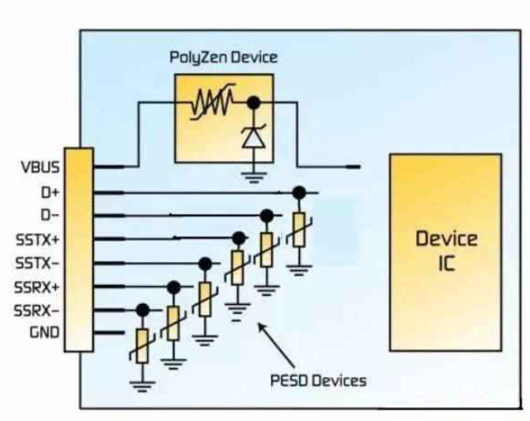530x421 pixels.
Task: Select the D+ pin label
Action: point(49,192)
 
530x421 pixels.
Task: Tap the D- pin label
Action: point(49,216)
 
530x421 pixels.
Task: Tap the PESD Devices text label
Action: point(318,380)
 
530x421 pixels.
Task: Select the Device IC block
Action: point(445,251)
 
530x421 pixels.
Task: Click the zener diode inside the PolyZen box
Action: point(251,138)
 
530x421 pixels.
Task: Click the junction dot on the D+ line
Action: point(299,192)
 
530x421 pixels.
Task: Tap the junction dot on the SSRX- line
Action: point(143,311)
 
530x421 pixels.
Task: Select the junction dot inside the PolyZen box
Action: point(252,103)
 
